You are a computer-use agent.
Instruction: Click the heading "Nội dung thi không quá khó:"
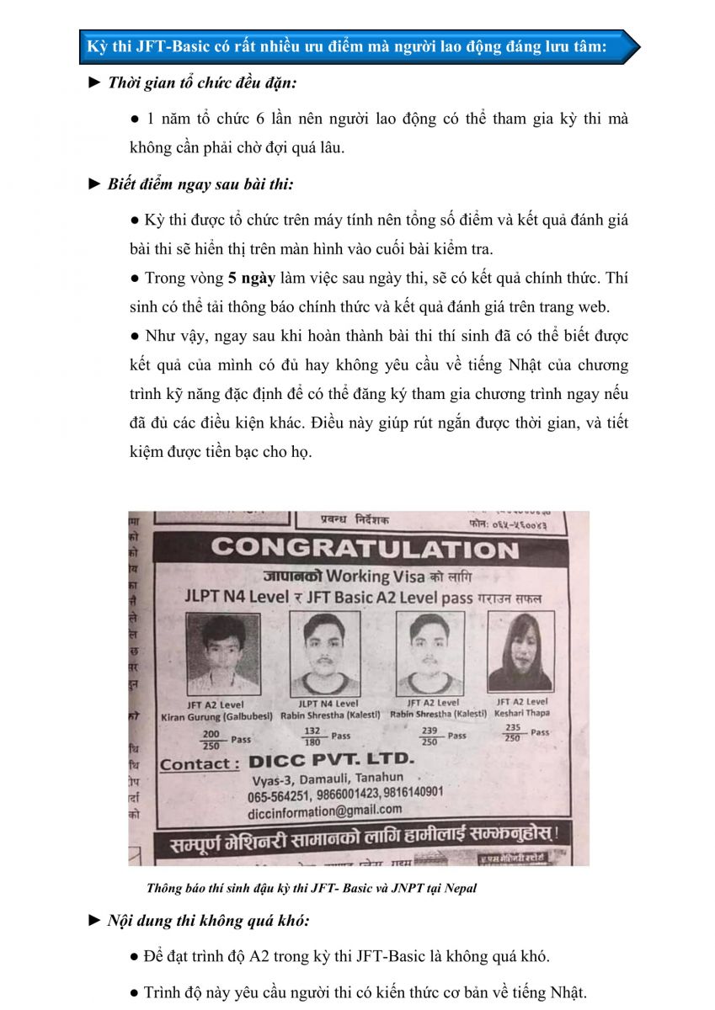click(208, 920)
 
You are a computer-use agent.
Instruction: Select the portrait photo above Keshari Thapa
click(520, 652)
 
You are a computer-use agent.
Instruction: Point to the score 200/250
click(211, 740)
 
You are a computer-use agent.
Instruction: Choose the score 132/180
click(313, 736)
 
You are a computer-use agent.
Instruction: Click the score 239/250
click(430, 736)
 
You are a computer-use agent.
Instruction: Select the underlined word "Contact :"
click(200, 764)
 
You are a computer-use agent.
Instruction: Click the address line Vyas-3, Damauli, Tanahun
click(325, 778)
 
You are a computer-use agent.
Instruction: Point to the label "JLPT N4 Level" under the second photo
click(328, 703)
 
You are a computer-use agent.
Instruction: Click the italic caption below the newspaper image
click(312, 888)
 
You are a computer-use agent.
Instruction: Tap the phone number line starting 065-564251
click(344, 794)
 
